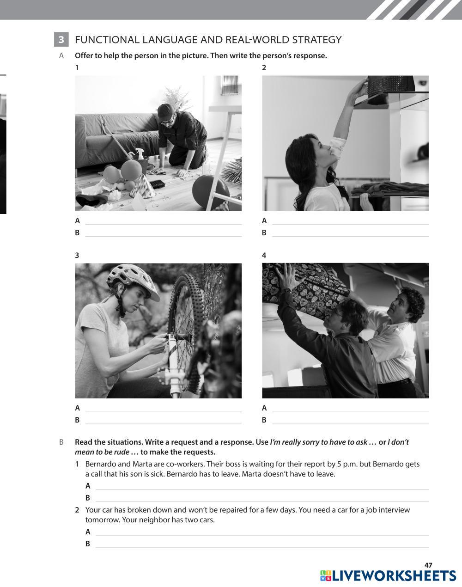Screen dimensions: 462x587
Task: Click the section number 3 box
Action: pos(61,39)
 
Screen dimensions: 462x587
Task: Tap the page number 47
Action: pos(428,565)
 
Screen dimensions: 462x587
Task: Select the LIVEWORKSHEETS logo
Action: pos(388,576)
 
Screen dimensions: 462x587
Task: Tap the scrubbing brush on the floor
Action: pos(157,184)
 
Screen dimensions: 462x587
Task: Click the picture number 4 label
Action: pos(264,255)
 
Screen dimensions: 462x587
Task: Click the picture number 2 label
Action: pos(264,67)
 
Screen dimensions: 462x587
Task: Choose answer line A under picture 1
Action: pos(164,224)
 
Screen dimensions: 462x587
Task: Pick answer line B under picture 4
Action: pos(350,424)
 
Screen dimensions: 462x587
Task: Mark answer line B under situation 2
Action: pos(262,547)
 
